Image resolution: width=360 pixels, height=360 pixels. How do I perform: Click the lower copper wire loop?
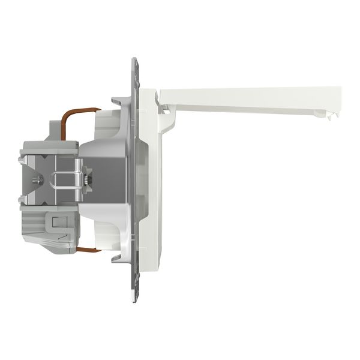(x=88, y=248)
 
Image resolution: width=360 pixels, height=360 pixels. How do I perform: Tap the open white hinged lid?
(x=252, y=100)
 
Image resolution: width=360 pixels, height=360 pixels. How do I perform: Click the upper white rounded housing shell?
(x=108, y=123)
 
